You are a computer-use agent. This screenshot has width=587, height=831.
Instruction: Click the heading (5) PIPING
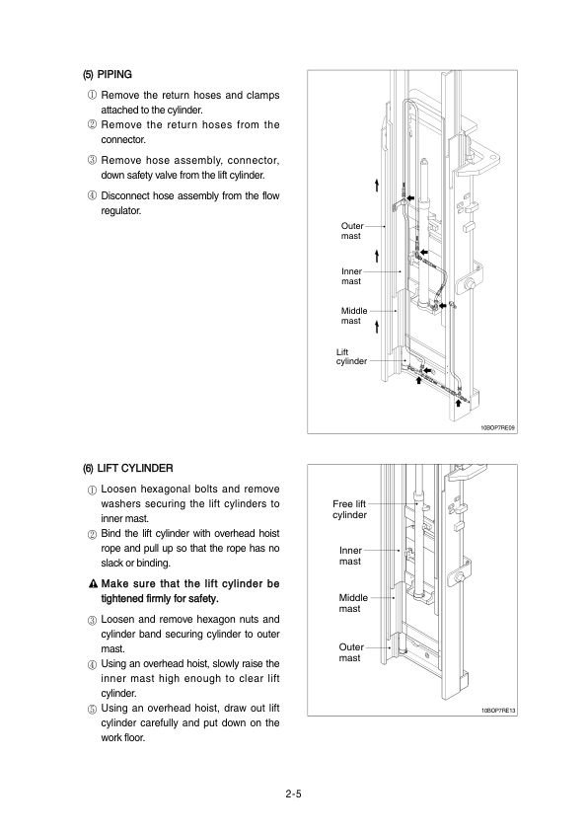pos(107,75)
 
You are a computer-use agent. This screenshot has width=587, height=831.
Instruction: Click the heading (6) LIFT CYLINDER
pos(127,469)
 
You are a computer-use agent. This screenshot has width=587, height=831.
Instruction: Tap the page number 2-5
pos(294,793)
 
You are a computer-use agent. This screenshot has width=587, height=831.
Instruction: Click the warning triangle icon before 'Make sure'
pos(94,584)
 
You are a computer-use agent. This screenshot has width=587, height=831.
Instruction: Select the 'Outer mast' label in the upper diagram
pos(352,231)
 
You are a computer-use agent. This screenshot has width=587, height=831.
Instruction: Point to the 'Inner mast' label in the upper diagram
pos(351,276)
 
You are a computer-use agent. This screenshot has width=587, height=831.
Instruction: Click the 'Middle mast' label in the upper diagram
pos(354,316)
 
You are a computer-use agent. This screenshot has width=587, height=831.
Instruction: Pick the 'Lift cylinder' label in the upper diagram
pos(351,356)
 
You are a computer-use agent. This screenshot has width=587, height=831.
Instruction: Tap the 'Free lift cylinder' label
pos(349,509)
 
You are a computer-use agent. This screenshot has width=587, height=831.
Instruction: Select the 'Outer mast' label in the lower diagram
pos(351,652)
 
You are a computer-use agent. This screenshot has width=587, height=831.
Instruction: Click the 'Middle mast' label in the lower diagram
pos(353,603)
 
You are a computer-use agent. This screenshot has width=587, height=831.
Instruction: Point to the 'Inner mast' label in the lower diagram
pos(350,556)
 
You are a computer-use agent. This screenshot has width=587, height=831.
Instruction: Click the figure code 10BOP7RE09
pos(498,427)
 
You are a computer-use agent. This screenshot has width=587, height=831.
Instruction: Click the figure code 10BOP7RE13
pos(498,711)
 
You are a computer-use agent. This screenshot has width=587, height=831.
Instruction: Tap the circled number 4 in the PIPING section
pos(92,196)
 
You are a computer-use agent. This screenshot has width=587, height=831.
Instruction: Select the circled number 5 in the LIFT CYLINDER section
pos(92,709)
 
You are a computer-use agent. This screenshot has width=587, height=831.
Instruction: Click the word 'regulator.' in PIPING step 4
pos(120,211)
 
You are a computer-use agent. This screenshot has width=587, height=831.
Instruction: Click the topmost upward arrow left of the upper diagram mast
pos(377,186)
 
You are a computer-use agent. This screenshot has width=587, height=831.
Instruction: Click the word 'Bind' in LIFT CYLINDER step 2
pos(110,534)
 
